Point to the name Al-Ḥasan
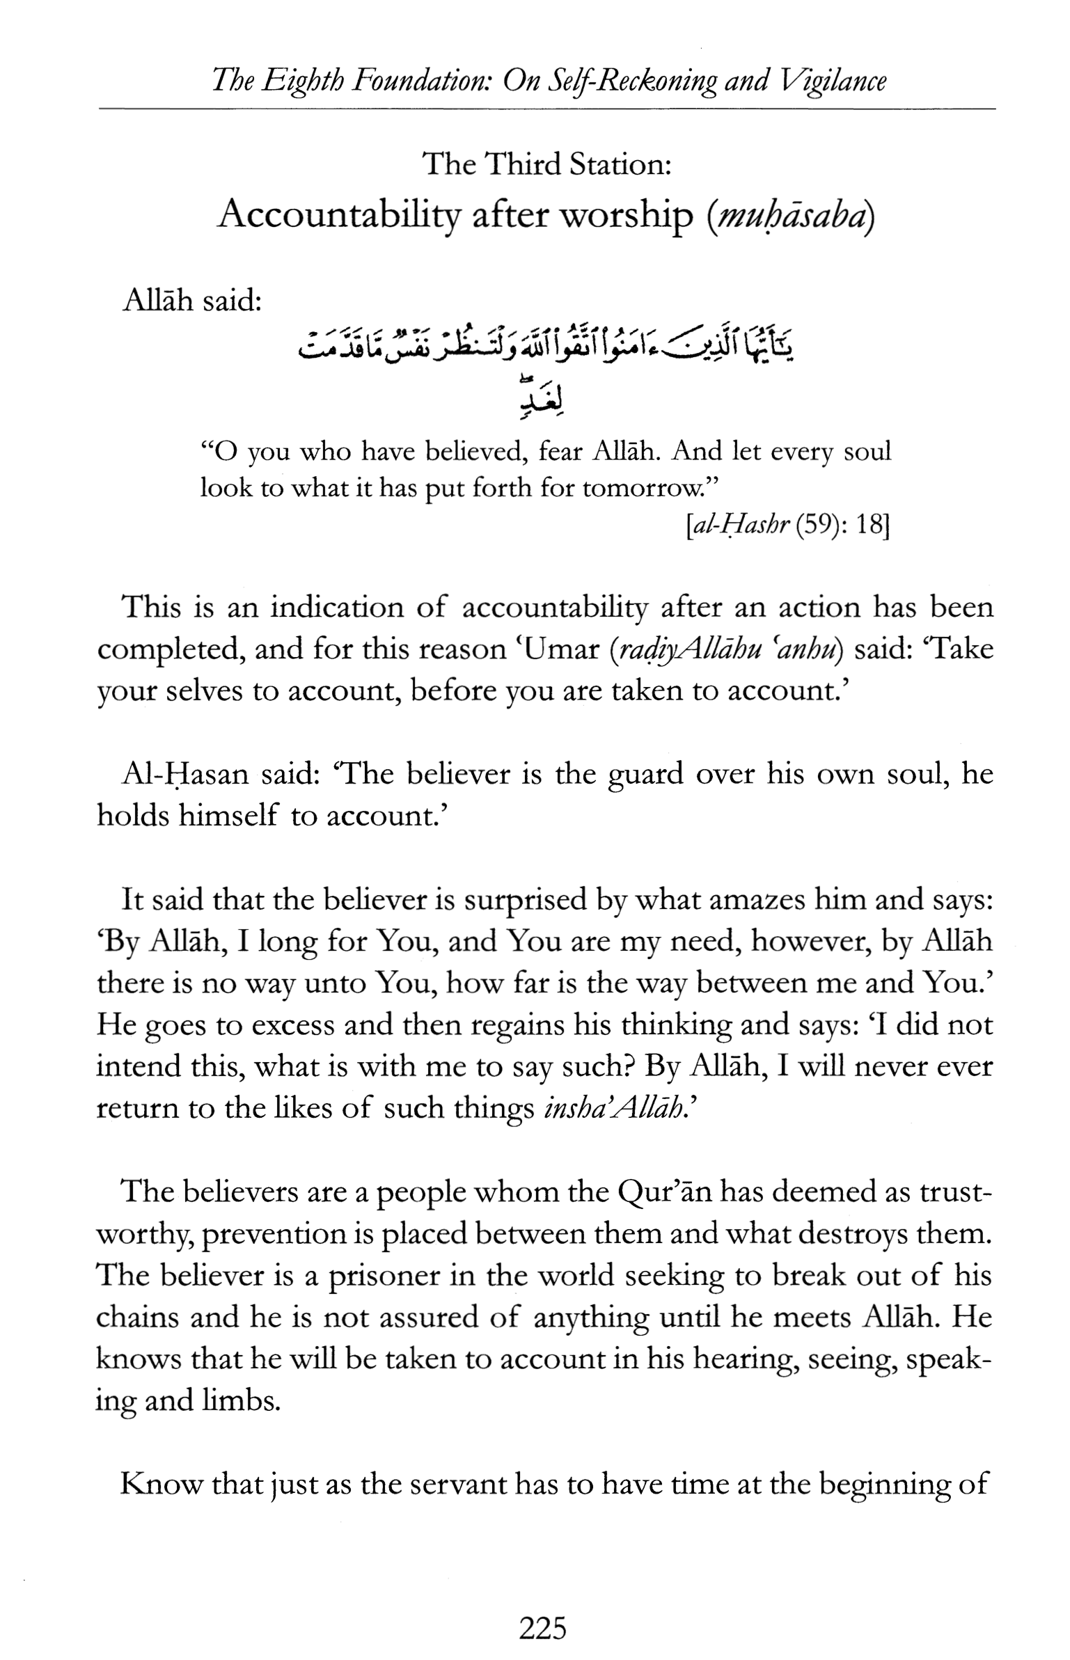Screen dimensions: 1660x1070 [184, 775]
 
